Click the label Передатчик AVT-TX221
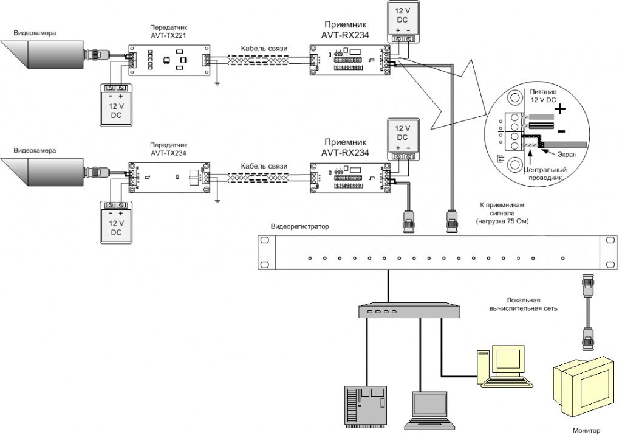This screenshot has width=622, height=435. click(168, 32)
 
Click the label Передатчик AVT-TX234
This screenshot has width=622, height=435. click(168, 150)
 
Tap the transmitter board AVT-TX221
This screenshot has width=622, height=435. click(168, 60)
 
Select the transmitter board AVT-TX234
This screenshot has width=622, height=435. click(168, 178)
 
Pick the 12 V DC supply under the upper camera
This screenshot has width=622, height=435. click(115, 105)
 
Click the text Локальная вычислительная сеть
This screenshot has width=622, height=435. click(524, 304)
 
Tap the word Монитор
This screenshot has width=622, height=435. click(586, 430)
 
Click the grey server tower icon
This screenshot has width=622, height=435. click(365, 405)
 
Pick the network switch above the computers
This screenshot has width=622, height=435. click(403, 311)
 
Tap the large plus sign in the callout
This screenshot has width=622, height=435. click(559, 110)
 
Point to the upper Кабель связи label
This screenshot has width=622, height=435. click(264, 48)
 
